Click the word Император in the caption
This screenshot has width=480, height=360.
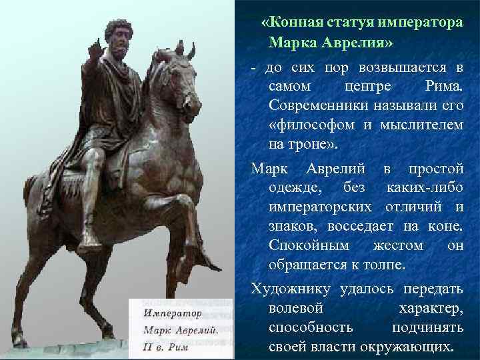pyautogui.click(x=173, y=312)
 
